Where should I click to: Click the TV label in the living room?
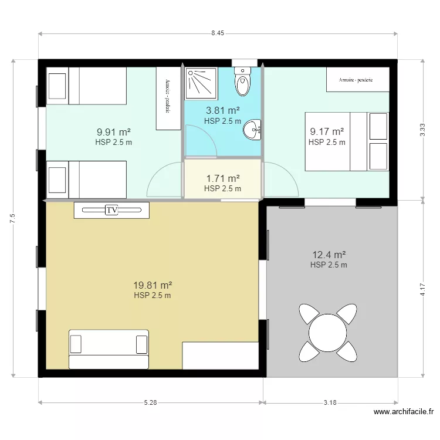pyautogui.click(x=111, y=210)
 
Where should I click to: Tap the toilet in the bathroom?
pyautogui.click(x=242, y=82)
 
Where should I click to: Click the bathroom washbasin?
pyautogui.click(x=253, y=130)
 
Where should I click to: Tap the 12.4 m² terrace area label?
pyautogui.click(x=329, y=255)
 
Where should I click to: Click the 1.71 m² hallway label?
pyautogui.click(x=222, y=178)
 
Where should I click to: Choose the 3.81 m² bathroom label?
pyautogui.click(x=222, y=110)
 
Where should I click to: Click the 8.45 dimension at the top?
pyautogui.click(x=218, y=34)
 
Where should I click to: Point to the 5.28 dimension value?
pyautogui.click(x=151, y=402)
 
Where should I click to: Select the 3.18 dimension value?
pyautogui.click(x=330, y=402)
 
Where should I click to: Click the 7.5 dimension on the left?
pyautogui.click(x=12, y=218)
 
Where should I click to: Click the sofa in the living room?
pyautogui.click(x=109, y=349)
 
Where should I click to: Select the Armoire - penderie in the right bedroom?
pyautogui.click(x=357, y=79)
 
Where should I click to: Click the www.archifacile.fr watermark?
pyautogui.click(x=404, y=412)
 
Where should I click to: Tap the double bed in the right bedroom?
pyautogui.click(x=346, y=141)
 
